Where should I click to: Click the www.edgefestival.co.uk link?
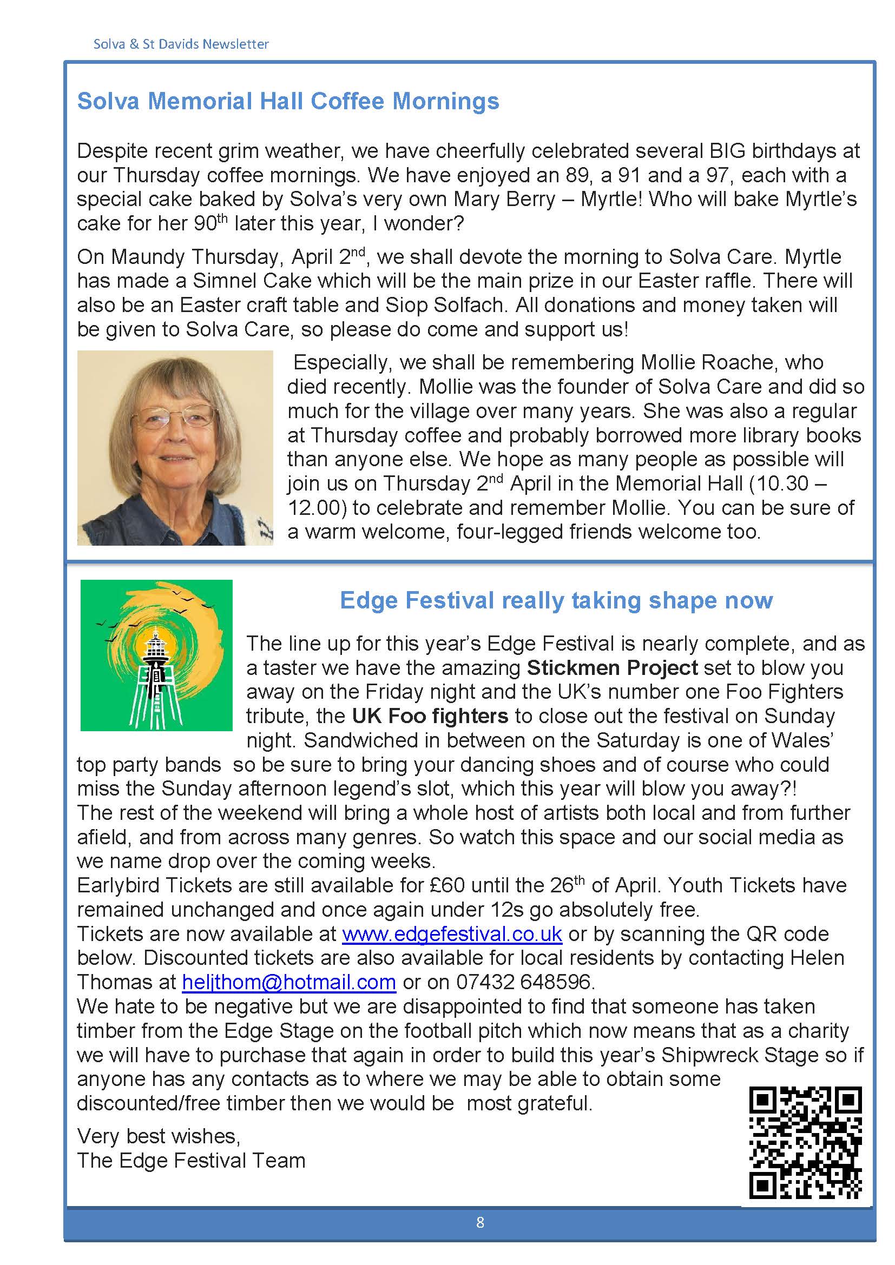click(452, 934)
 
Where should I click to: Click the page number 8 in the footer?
click(480, 1223)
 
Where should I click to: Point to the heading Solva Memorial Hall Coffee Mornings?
click(288, 101)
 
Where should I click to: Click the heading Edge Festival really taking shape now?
click(556, 600)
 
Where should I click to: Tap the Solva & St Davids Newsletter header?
click(181, 44)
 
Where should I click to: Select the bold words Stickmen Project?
click(613, 668)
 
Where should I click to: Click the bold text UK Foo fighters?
click(430, 716)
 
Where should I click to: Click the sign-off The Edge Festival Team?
click(190, 1161)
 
